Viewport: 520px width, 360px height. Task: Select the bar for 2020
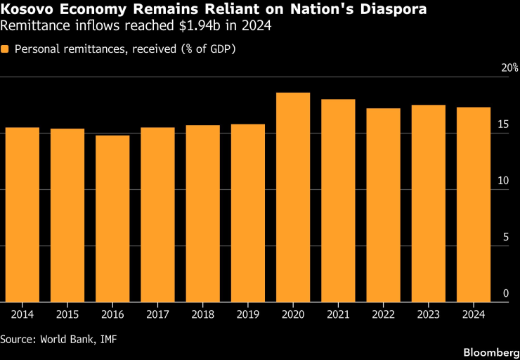pos(293,198)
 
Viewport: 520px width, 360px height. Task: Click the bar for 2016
pos(112,219)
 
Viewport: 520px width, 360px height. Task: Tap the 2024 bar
pos(474,205)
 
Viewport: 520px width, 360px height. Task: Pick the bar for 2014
pos(22,214)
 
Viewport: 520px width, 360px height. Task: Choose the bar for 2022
pos(384,205)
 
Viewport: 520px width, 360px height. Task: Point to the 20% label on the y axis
pos(509,68)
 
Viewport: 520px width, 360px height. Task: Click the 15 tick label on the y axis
pos(503,124)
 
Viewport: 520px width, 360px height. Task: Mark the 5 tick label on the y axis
pos(506,237)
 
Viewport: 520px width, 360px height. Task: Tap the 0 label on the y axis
pos(506,293)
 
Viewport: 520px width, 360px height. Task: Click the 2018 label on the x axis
pos(202,314)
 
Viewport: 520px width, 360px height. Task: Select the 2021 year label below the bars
pos(338,314)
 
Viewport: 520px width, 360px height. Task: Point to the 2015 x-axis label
pos(67,314)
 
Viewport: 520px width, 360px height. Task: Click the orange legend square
pos(5,49)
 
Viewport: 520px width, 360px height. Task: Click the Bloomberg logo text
pos(491,352)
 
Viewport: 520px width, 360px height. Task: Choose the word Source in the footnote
pos(18,339)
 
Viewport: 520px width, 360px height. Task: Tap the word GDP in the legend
pos(220,49)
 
